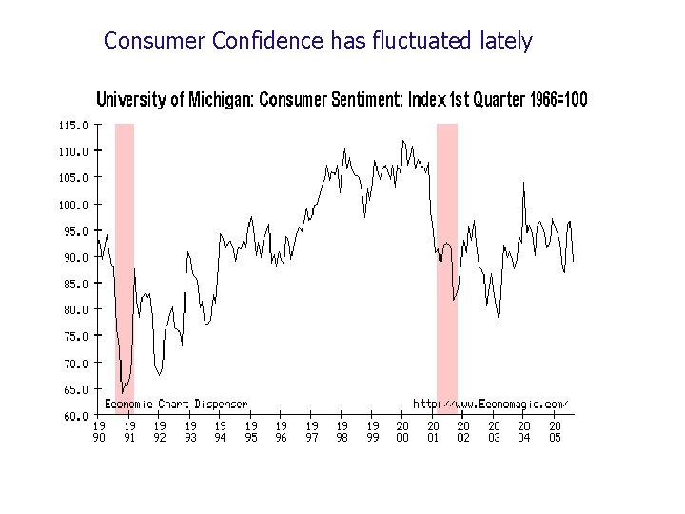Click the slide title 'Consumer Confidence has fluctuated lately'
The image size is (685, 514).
tap(318, 41)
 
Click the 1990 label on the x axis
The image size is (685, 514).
tap(99, 431)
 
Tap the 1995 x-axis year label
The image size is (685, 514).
tap(251, 431)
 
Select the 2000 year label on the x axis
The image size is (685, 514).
tap(402, 431)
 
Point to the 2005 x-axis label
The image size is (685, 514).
tap(555, 431)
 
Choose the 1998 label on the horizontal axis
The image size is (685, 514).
tap(342, 431)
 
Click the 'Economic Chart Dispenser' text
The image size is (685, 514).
tap(175, 405)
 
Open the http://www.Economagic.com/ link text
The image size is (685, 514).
tap(490, 405)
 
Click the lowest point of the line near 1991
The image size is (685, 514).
tap(123, 391)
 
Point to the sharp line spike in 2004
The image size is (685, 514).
tap(523, 182)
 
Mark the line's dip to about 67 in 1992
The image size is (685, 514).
tap(159, 374)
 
